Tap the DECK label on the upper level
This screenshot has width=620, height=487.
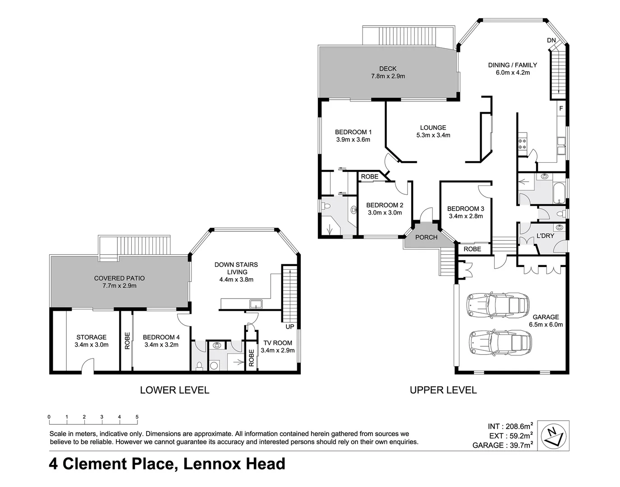pos(388,69)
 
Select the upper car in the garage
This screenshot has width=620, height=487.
pos(497,305)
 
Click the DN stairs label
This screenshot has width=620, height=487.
pos(551,40)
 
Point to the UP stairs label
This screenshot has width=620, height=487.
pos(289,326)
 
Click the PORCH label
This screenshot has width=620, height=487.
pos(426,237)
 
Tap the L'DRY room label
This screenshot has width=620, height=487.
pos(545,235)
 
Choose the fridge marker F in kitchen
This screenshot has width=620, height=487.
pos(561,108)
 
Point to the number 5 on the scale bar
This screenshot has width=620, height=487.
pos(137,417)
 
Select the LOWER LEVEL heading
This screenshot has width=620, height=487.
pos(175,390)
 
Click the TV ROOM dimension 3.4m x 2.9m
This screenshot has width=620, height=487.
pos(278,350)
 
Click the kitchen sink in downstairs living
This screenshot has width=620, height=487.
pos(256,303)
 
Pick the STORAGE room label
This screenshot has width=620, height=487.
pos(92,337)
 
